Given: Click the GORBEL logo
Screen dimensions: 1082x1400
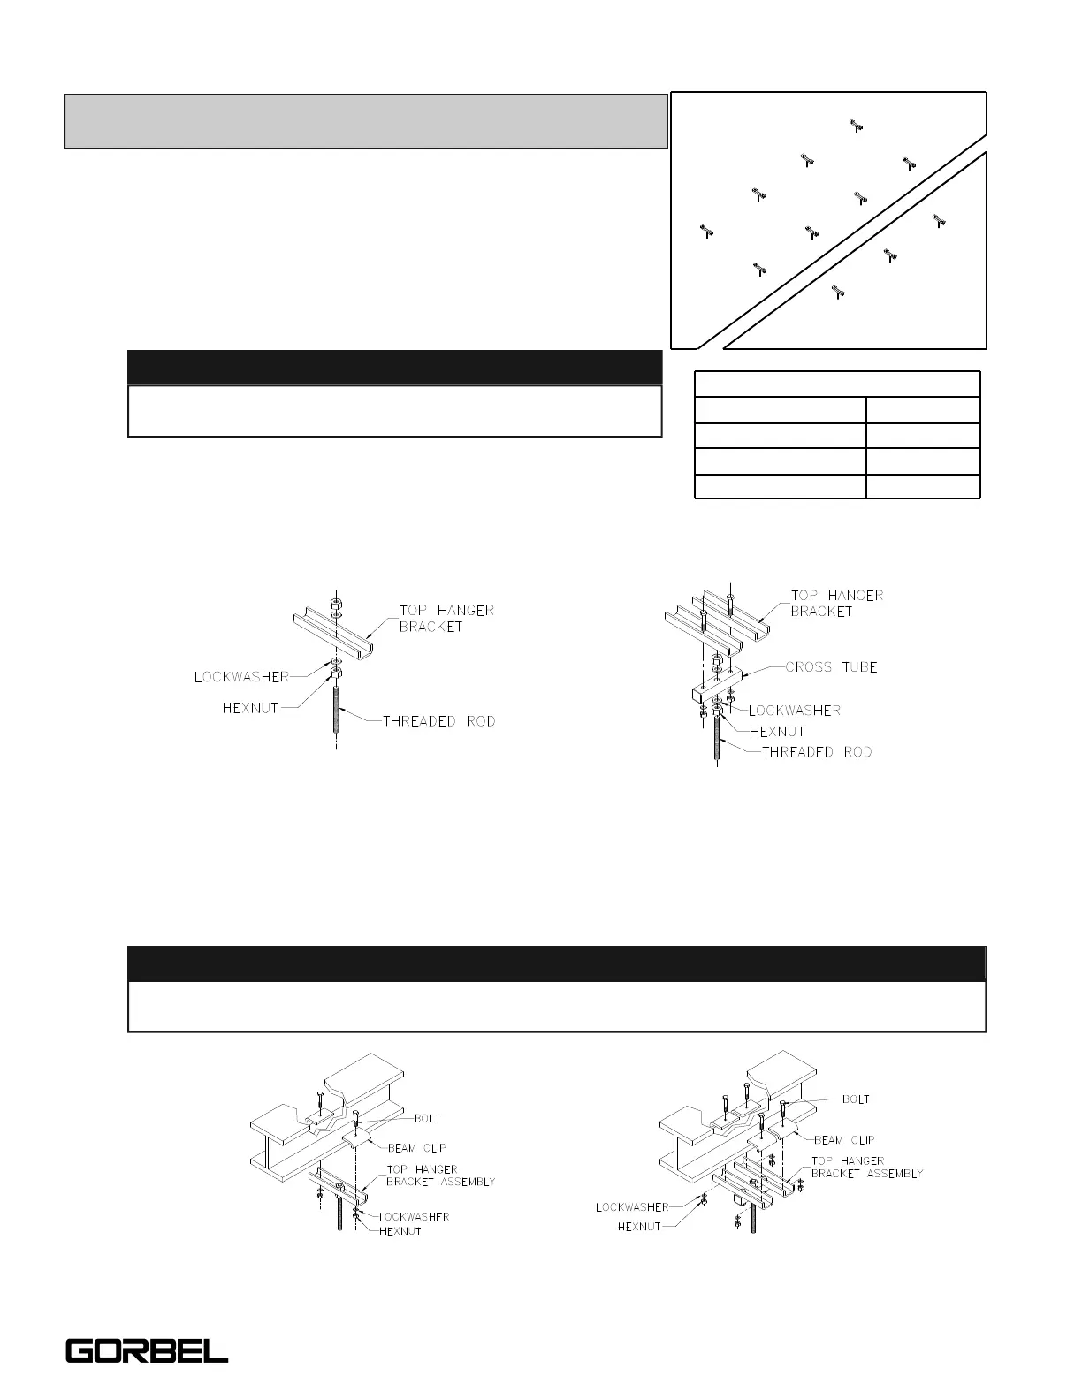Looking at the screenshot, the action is coord(147,1351).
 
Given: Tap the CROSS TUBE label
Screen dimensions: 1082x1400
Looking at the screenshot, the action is coord(831,667).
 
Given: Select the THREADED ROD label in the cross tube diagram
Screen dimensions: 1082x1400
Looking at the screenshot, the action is coord(817,752).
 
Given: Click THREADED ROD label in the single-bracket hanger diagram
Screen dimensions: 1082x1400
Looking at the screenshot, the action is coord(438,721).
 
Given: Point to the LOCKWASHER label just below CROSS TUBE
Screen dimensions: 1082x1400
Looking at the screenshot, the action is coord(794,711).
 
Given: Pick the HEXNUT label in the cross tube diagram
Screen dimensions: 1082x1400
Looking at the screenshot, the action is coord(777,732).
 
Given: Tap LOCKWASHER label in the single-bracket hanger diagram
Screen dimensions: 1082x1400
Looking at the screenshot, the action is coord(241,677).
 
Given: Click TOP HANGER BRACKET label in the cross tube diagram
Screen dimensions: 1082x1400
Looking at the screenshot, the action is coord(836,604).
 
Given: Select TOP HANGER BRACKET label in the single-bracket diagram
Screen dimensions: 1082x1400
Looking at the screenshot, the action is coord(446,618).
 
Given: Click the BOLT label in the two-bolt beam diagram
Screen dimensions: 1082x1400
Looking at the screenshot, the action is coord(427,1118).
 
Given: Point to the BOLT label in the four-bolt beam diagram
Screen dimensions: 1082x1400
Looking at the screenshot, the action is coord(856,1099).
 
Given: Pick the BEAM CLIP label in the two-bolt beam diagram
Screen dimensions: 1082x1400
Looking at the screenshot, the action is coord(416,1148).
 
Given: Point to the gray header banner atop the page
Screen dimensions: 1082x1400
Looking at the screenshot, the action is coord(365,122).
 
